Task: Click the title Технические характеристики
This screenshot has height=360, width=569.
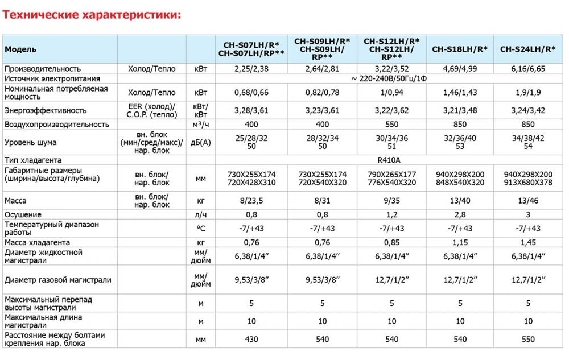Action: (x=92, y=15)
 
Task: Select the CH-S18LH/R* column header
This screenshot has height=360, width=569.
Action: (x=460, y=49)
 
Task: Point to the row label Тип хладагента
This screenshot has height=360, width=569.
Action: (x=33, y=160)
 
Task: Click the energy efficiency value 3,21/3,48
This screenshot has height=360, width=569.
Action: (x=460, y=110)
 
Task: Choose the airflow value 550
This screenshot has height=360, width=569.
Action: (x=391, y=124)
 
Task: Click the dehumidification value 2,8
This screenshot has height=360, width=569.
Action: (x=460, y=214)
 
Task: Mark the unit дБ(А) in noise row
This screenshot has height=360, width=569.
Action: (x=200, y=142)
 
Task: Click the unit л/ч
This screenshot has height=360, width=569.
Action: (x=200, y=214)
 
